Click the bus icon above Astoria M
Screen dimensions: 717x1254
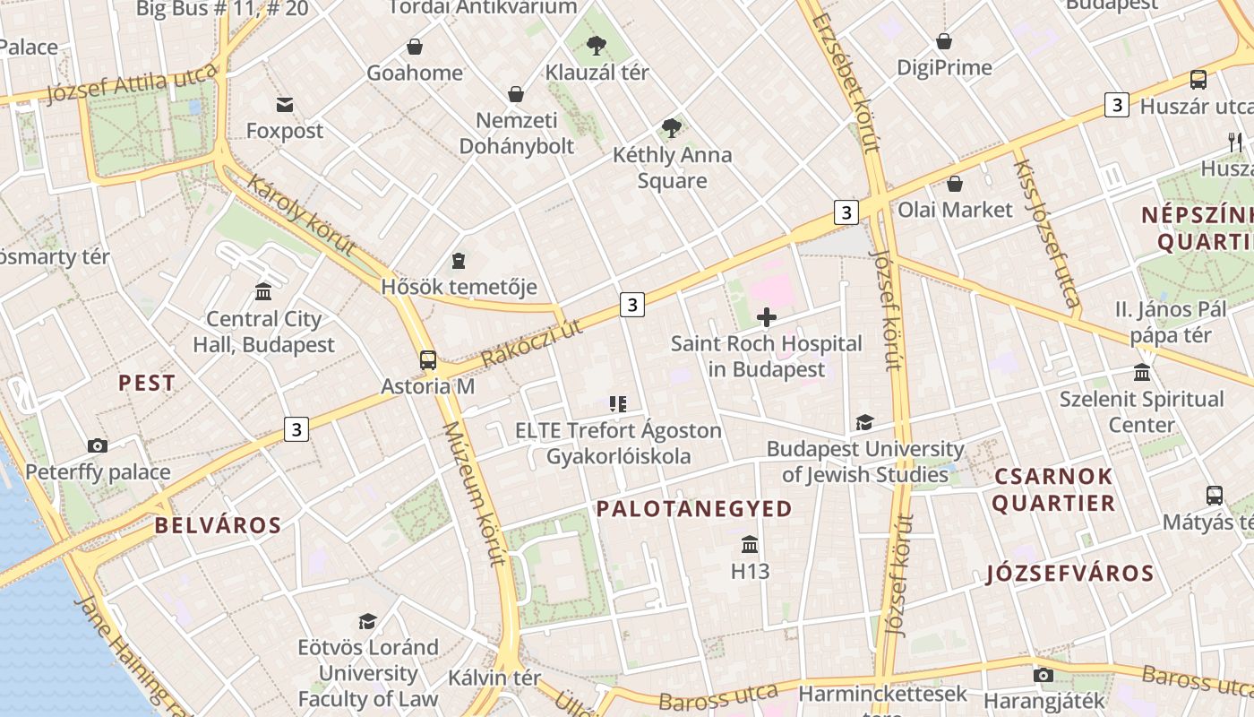[x=428, y=360]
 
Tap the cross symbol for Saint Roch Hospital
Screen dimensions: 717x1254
[x=767, y=317]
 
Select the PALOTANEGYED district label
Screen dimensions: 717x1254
[x=694, y=509]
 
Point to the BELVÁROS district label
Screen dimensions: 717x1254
[x=218, y=525]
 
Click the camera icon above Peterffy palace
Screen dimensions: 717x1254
[x=98, y=445]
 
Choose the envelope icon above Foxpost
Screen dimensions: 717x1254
[x=285, y=105]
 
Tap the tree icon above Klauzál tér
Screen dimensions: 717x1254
[x=596, y=45]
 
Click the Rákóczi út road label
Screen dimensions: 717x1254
[x=531, y=343]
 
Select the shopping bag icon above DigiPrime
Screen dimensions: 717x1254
[x=944, y=41]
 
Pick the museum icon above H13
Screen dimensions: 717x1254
[x=750, y=544]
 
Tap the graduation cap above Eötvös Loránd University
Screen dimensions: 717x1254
[x=367, y=621]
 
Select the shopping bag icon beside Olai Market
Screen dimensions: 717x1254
[x=955, y=184]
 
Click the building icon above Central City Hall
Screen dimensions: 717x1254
[x=263, y=291]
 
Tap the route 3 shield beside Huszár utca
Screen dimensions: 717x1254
[x=1116, y=105]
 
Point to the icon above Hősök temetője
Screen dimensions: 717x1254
[x=459, y=261]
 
